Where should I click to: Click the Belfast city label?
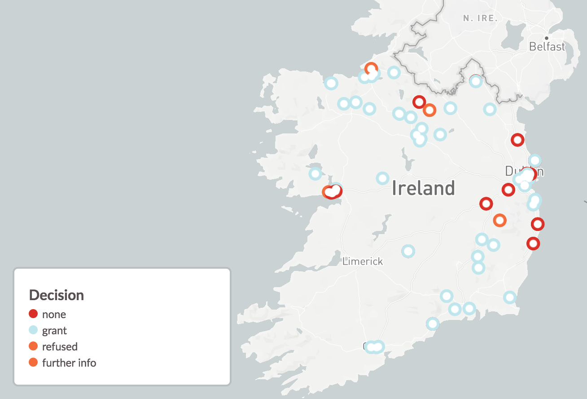(x=547, y=46)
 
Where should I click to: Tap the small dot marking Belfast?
(x=546, y=38)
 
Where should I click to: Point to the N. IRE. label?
(x=481, y=18)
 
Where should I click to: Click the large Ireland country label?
(x=423, y=188)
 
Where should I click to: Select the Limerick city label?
(x=363, y=261)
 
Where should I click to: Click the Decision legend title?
(x=57, y=295)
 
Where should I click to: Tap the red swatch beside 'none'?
(x=33, y=314)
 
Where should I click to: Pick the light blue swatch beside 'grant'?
(x=33, y=330)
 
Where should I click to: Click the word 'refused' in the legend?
(x=60, y=346)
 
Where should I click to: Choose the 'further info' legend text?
(x=69, y=363)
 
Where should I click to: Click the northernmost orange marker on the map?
(x=371, y=69)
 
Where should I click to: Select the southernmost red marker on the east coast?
(x=533, y=244)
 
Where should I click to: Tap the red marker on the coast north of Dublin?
(x=517, y=140)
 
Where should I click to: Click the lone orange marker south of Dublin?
(x=499, y=220)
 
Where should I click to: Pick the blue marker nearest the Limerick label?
(x=408, y=251)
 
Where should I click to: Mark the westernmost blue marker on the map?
(x=315, y=173)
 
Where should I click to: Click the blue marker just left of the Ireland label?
(x=382, y=178)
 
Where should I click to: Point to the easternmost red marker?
(x=538, y=224)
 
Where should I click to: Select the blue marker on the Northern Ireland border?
(x=476, y=81)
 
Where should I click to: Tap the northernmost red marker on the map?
(x=419, y=102)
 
